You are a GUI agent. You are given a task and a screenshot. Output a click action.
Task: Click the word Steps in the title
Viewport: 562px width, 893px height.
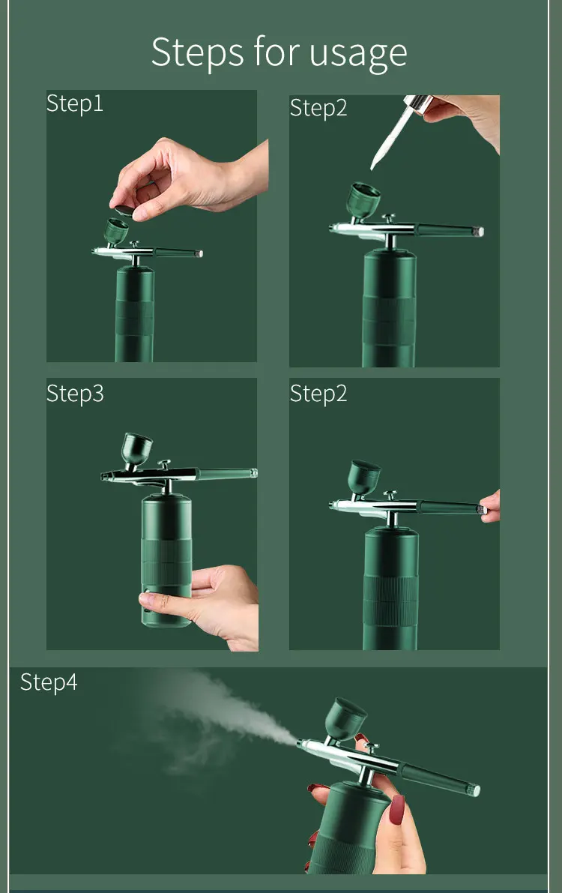[197, 52]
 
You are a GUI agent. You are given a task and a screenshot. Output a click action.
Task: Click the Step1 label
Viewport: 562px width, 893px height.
[75, 103]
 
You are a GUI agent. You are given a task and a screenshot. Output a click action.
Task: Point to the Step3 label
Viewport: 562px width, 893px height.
[75, 394]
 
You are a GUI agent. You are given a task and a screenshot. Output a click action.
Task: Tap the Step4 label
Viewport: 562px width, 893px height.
[49, 682]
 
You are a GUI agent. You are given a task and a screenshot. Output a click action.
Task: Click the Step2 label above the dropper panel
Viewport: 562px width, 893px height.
[318, 108]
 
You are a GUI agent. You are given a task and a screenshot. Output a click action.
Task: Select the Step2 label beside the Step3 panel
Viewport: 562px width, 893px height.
[318, 394]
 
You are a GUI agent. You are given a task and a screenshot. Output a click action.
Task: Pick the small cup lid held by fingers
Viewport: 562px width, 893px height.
[124, 210]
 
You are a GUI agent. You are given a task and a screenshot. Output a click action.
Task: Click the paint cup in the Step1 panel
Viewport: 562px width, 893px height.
[115, 231]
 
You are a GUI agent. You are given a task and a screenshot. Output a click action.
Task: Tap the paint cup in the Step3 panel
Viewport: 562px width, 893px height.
[136, 449]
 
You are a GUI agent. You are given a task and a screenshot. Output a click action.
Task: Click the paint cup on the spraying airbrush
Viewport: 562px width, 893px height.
[345, 719]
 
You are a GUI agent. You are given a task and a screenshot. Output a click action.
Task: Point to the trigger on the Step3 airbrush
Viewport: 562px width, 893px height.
[164, 464]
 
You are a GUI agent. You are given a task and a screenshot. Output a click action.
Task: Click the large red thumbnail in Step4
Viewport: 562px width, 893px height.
[397, 809]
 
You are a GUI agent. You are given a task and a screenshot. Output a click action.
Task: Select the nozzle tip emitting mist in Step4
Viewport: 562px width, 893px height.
[300, 742]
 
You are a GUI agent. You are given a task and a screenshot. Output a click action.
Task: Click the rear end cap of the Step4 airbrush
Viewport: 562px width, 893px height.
[474, 790]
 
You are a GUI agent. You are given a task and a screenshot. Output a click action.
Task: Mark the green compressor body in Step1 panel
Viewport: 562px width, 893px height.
[135, 314]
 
